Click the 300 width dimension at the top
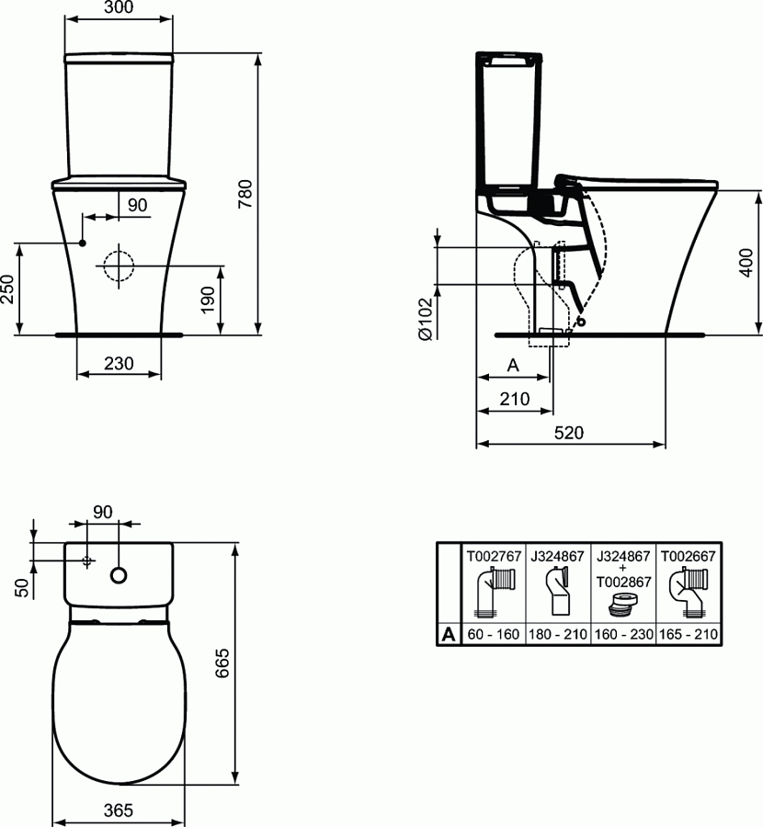tap(119, 9)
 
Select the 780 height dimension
tap(245, 194)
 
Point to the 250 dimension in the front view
tap(7, 291)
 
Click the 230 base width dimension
tap(119, 364)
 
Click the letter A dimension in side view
tap(514, 366)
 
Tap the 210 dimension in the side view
tap(515, 399)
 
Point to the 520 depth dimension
tap(570, 433)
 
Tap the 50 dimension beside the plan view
tap(21, 587)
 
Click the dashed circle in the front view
tap(118, 266)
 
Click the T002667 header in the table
tap(689, 555)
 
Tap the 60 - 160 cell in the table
tap(493, 634)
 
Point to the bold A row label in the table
tap(448, 634)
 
